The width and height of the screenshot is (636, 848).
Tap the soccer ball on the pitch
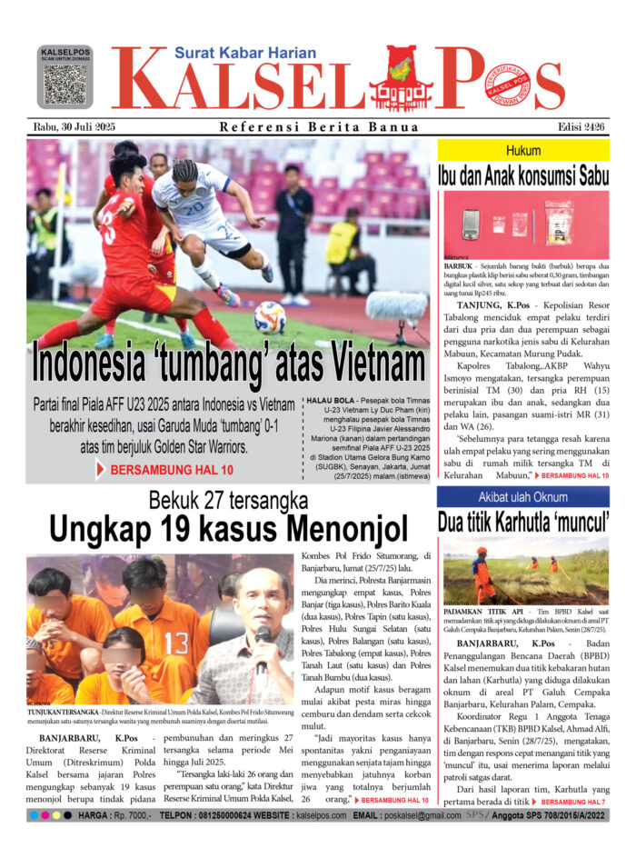click(270, 317)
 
